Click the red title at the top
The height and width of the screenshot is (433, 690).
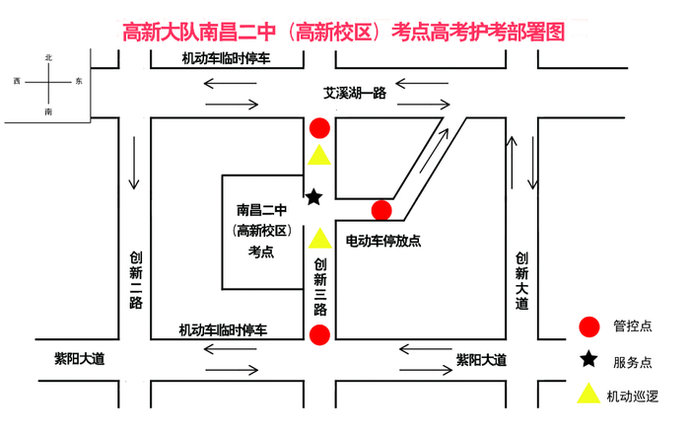pyautogui.click(x=344, y=32)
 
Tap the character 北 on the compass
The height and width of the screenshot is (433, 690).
pyautogui.click(x=48, y=58)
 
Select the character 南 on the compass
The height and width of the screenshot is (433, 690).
pyautogui.click(x=48, y=112)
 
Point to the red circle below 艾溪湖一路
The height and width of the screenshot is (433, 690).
pyautogui.click(x=319, y=128)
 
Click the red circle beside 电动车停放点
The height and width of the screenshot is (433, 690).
pyautogui.click(x=381, y=209)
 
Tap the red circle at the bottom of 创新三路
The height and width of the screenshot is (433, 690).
pyautogui.click(x=319, y=335)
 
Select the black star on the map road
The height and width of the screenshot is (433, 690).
pyautogui.click(x=313, y=197)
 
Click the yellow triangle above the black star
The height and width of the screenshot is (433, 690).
pyautogui.click(x=319, y=156)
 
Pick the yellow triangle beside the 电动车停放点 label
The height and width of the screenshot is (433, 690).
pyautogui.click(x=319, y=239)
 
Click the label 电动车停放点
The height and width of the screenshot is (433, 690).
pyautogui.click(x=383, y=240)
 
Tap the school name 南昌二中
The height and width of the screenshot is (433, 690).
pyautogui.click(x=261, y=209)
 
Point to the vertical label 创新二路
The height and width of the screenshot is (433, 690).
pyautogui.click(x=135, y=279)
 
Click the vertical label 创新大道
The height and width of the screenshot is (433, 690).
pyautogui.click(x=521, y=279)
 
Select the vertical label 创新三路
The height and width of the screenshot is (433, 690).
pyautogui.click(x=319, y=286)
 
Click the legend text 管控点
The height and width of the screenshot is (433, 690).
pyautogui.click(x=633, y=326)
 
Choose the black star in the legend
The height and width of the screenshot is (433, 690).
pyautogui.click(x=588, y=360)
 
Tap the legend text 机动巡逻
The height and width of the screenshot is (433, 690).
pyautogui.click(x=633, y=396)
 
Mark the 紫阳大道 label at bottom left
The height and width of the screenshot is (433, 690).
pyautogui.click(x=79, y=359)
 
